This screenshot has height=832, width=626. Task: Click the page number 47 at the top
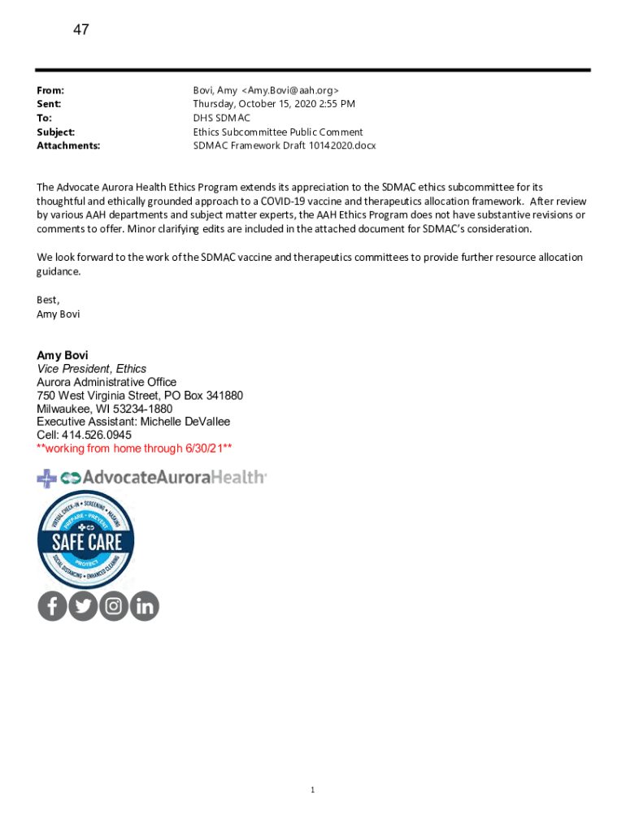(x=81, y=30)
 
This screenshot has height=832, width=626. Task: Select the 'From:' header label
(x=50, y=90)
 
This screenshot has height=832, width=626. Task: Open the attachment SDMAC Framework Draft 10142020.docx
(x=284, y=145)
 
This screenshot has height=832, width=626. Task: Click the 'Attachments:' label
(x=68, y=145)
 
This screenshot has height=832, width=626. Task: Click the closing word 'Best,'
(x=48, y=299)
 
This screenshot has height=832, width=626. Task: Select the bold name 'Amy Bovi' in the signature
(x=63, y=355)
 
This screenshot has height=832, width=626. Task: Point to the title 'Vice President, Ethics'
(x=92, y=369)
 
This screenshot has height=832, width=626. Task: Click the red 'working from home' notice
(x=134, y=448)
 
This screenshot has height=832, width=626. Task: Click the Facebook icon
(x=52, y=605)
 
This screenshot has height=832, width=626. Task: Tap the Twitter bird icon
(x=83, y=605)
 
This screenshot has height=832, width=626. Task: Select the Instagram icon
(x=114, y=605)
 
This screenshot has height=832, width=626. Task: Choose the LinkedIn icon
(x=145, y=605)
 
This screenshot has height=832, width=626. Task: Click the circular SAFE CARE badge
(x=85, y=539)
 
